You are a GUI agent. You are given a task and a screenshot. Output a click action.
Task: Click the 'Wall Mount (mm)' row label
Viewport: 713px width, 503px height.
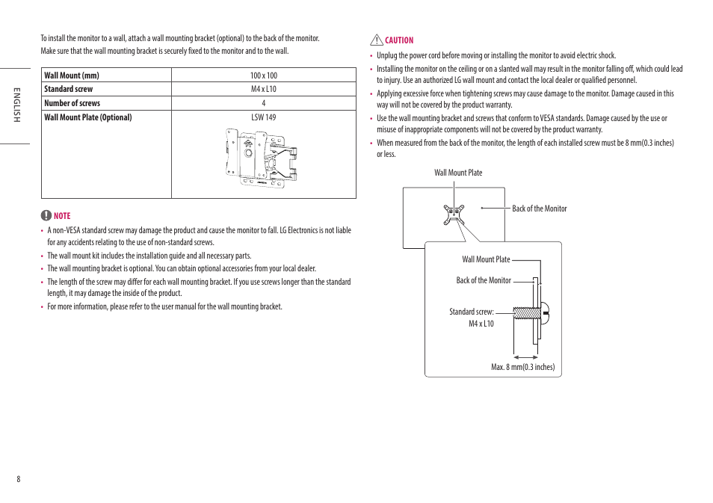pos(72,75)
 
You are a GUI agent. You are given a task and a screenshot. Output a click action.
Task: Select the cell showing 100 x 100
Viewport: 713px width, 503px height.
pos(263,75)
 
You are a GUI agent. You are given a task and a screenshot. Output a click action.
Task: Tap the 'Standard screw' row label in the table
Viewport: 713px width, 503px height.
pos(69,89)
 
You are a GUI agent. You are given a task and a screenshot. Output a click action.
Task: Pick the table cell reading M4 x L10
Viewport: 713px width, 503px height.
pos(263,89)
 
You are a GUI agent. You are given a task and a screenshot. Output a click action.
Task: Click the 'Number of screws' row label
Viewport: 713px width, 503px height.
pos(72,103)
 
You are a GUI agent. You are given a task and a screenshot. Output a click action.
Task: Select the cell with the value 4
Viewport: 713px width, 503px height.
pos(263,103)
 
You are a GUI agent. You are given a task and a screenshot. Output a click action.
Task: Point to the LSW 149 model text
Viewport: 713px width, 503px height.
pos(263,117)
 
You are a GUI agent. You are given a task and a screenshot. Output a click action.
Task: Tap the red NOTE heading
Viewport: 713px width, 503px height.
pos(62,216)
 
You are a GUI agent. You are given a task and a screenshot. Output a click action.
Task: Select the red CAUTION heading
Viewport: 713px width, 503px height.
pos(399,40)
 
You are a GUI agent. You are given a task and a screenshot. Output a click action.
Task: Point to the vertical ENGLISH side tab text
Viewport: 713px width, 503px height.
pos(14,105)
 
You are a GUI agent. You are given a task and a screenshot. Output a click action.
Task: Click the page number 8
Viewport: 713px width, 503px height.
pos(19,479)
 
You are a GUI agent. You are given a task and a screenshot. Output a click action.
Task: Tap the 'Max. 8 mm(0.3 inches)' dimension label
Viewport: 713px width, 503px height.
pos(522,367)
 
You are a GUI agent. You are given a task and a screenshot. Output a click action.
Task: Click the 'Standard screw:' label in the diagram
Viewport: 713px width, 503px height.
pos(471,312)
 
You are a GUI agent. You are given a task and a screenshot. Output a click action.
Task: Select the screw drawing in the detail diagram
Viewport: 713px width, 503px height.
pos(531,312)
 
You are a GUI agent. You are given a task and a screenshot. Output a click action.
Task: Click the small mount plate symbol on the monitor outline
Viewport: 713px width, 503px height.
pos(453,215)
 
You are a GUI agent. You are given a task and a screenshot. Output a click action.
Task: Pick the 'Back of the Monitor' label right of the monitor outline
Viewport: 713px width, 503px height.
pos(539,209)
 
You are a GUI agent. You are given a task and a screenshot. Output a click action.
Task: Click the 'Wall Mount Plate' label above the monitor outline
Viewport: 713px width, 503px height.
pos(458,173)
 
